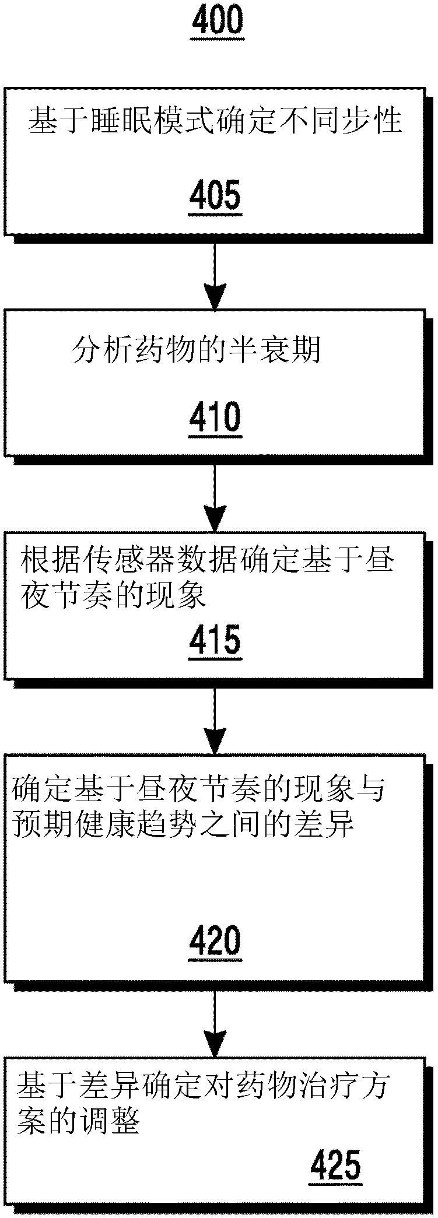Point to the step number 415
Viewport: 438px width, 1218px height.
coord(215,640)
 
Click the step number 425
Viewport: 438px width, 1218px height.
coord(335,1164)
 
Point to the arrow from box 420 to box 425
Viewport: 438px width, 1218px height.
coord(215,1023)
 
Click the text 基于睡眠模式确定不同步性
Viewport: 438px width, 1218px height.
coord(215,121)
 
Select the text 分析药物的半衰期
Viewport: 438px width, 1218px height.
coord(196,351)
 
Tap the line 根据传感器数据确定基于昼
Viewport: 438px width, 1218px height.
coord(207,561)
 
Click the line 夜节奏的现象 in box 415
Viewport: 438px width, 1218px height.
coord(113,596)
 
